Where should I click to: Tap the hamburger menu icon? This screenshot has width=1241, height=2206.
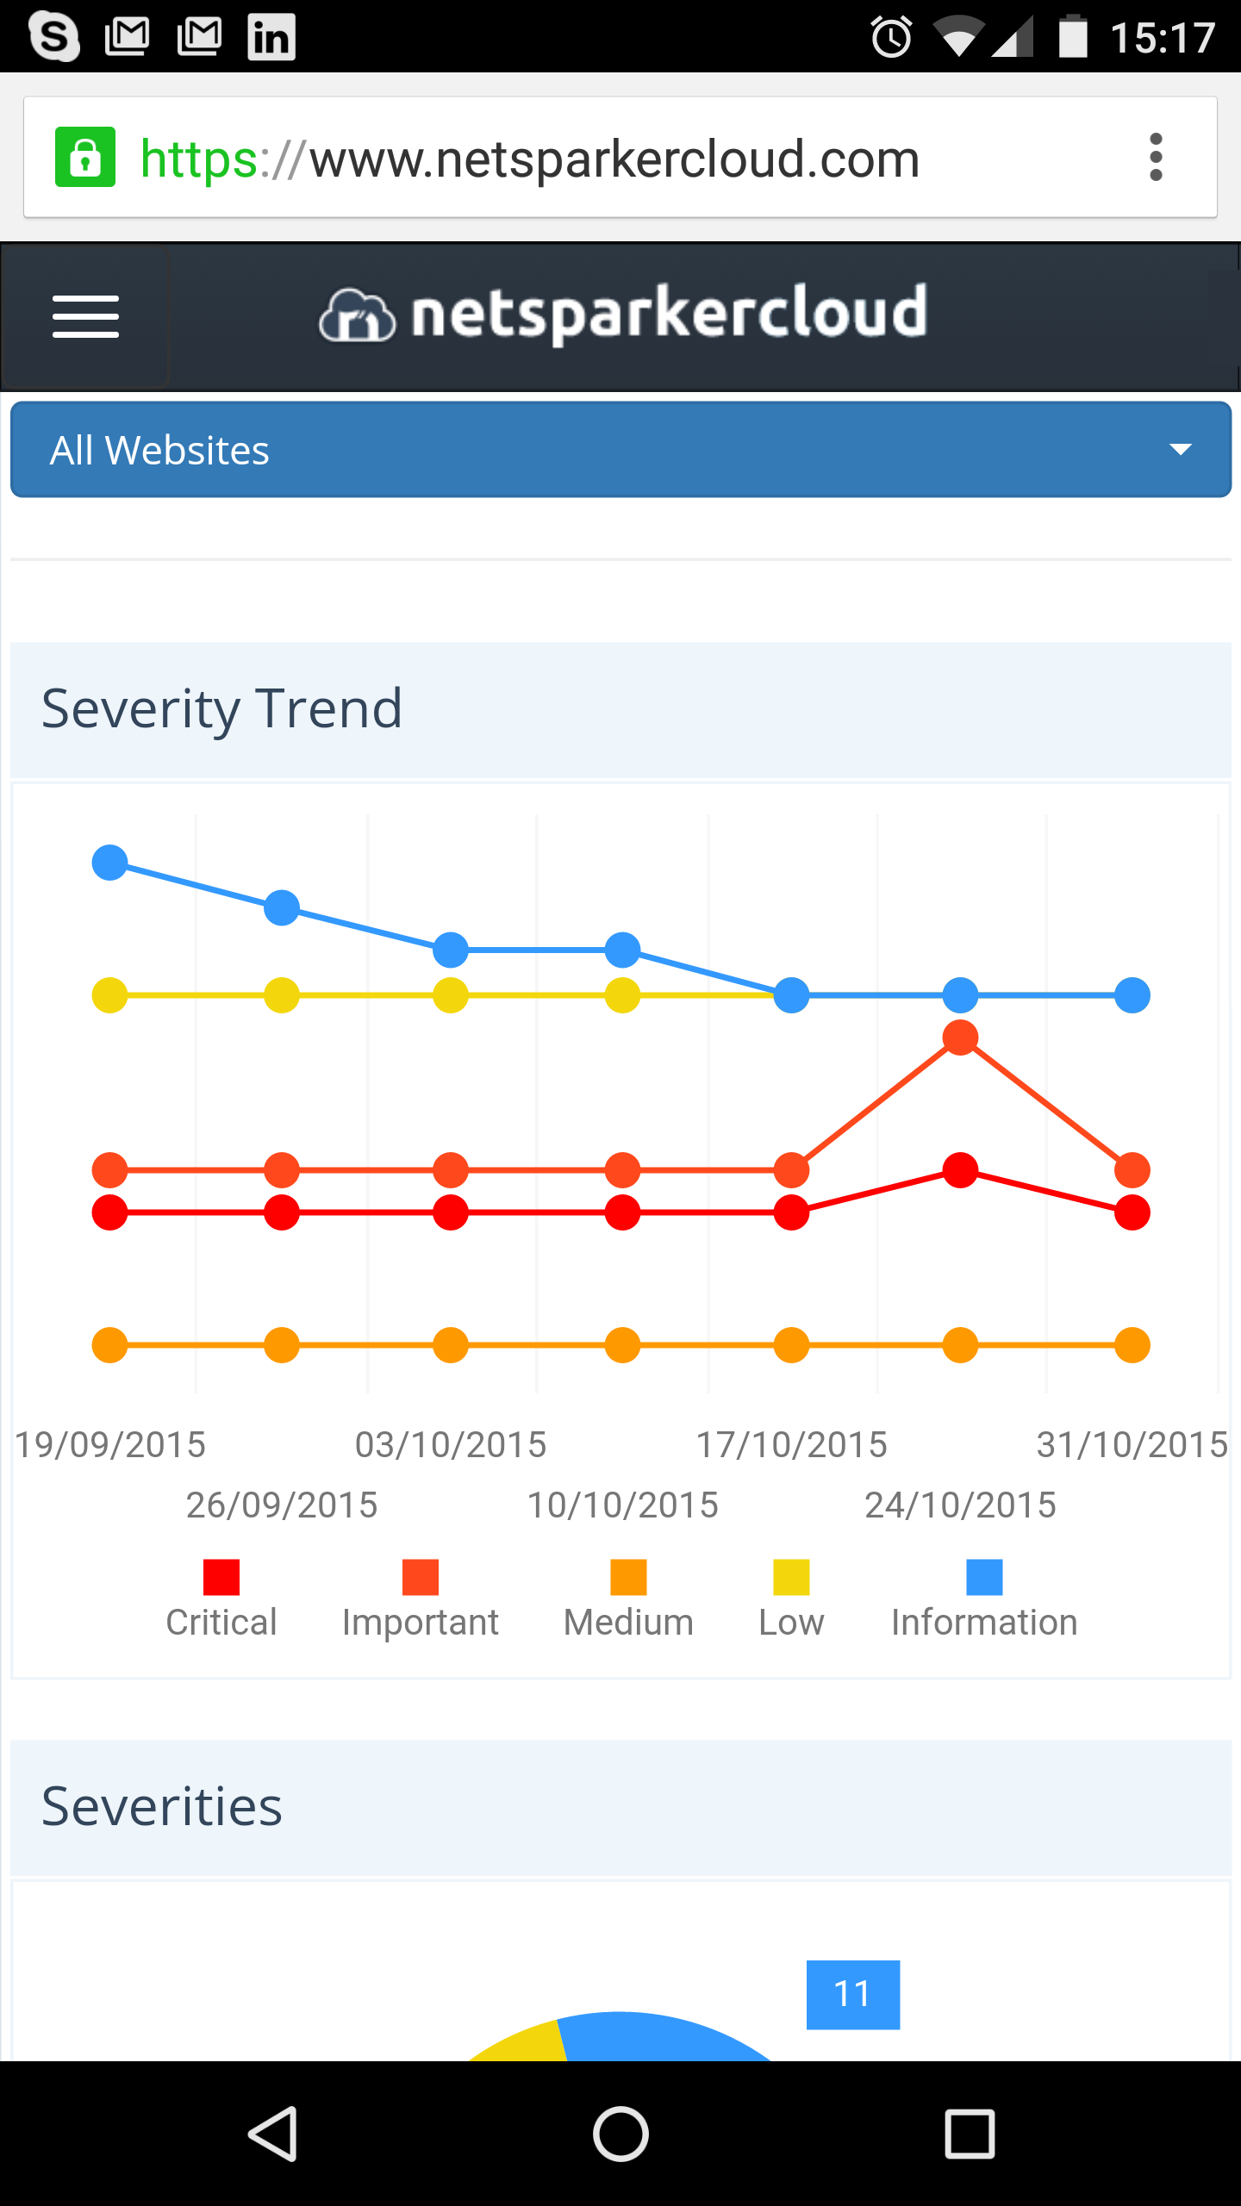(85, 316)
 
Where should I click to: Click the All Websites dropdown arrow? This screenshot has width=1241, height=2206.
(1180, 449)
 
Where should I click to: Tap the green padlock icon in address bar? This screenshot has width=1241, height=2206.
(84, 158)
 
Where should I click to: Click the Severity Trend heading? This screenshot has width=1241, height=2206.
(221, 709)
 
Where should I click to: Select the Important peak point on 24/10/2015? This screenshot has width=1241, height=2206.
(960, 1038)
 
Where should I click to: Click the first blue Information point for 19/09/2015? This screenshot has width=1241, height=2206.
(110, 862)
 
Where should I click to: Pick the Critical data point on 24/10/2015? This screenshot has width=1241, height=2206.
(960, 1170)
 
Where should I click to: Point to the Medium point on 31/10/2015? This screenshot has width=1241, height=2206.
(1132, 1344)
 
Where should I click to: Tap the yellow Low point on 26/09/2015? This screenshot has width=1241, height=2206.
(282, 995)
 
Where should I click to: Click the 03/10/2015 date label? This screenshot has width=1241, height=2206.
(451, 1445)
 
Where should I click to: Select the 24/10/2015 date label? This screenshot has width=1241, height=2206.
(960, 1505)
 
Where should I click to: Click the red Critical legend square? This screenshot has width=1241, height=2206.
(221, 1577)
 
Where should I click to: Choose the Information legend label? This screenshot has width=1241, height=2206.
(984, 1623)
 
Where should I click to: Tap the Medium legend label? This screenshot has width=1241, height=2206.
(628, 1623)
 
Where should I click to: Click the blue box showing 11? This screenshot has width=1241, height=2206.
(852, 1994)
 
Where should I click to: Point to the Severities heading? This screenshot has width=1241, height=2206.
(162, 1807)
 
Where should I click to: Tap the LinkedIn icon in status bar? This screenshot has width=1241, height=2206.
(271, 37)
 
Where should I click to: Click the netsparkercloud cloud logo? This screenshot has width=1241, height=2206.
(357, 315)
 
